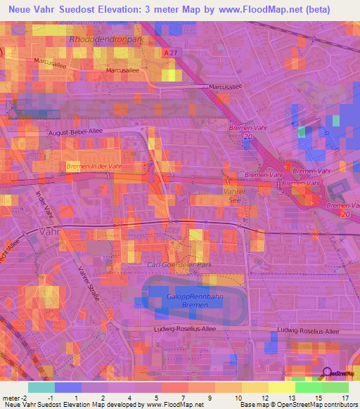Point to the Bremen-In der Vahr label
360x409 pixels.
94,165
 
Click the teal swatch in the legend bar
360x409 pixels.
41,387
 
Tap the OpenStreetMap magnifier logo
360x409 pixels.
328,374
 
